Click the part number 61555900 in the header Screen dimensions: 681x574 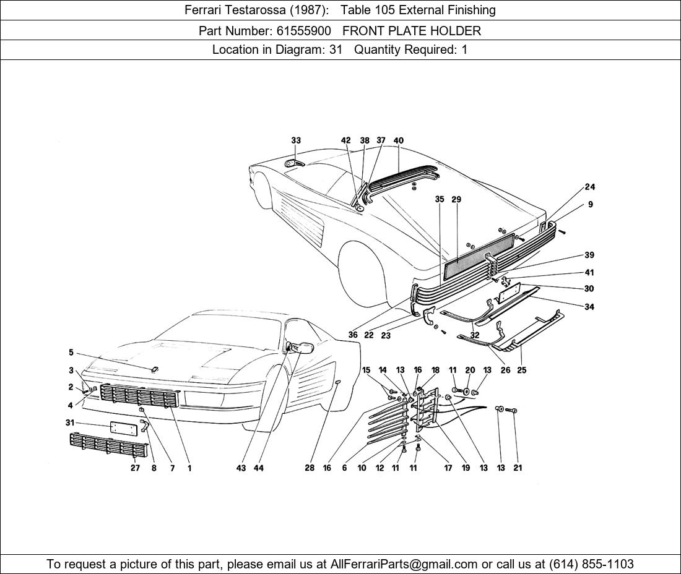pos(303,31)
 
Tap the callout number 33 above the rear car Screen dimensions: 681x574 pos(296,140)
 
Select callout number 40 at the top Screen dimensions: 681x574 pos(398,140)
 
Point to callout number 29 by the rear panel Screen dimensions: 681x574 pos(456,199)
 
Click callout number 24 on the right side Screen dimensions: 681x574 pos(590,187)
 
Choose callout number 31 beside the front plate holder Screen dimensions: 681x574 pos(70,422)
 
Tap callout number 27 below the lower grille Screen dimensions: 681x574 pos(135,468)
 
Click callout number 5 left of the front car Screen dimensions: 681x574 pos(71,353)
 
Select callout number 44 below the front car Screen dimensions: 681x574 pos(258,468)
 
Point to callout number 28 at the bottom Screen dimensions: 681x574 pos(309,468)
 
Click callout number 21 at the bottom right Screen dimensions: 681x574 pos(518,468)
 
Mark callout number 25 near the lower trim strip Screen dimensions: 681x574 pos(522,370)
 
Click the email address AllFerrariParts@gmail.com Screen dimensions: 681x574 pos(404,564)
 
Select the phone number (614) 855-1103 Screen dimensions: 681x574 pos(591,564)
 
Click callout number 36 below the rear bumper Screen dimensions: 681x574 pos(353,335)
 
